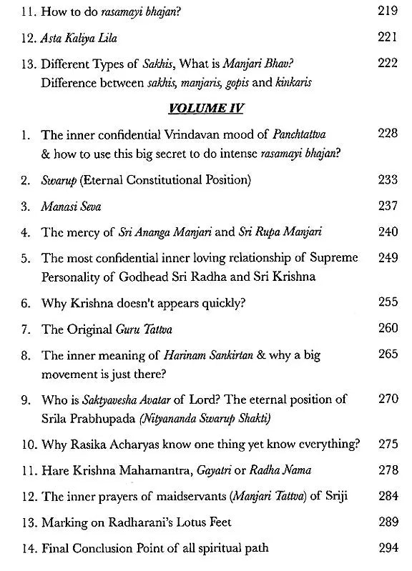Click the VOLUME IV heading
(x=206, y=109)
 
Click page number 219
(x=387, y=12)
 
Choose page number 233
(x=387, y=181)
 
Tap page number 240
(x=387, y=231)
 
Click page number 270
(x=387, y=399)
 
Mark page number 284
(x=387, y=494)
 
